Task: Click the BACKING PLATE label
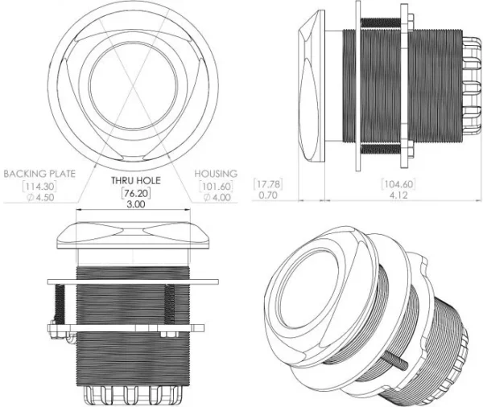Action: point(39,174)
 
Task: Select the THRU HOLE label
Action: point(136,180)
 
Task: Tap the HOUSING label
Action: point(216,174)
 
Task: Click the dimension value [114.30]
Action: point(39,186)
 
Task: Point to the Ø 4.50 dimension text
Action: point(41,197)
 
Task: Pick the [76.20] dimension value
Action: point(136,193)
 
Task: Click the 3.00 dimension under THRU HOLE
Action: point(136,204)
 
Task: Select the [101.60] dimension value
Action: point(216,186)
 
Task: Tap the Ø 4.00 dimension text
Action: point(217,197)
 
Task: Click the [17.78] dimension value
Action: point(268,184)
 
